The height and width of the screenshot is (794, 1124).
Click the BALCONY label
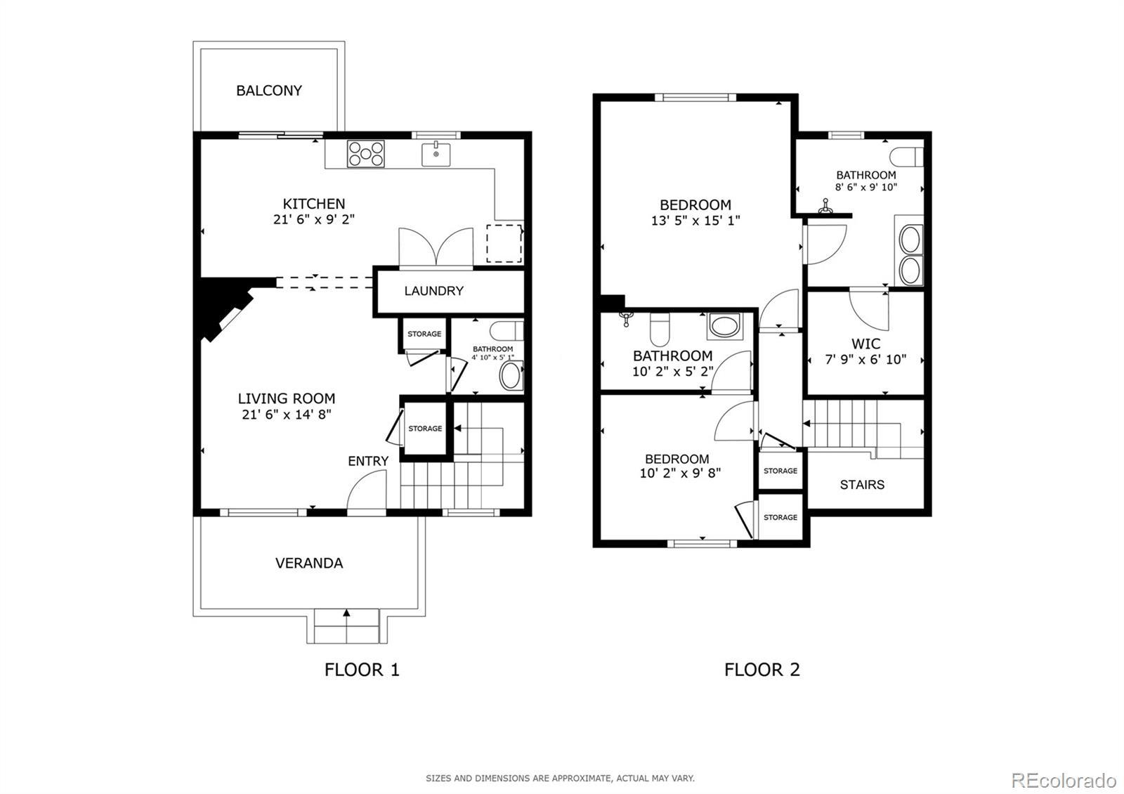tap(269, 91)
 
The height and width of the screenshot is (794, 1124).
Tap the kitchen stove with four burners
tap(366, 154)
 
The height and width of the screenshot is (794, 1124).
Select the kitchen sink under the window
tap(436, 154)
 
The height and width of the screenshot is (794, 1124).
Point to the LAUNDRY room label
tap(433, 291)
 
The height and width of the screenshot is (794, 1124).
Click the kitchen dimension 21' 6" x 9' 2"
tap(313, 220)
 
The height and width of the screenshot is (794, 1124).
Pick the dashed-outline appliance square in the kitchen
tap(504, 243)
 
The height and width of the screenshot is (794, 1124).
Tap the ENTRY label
tap(368, 461)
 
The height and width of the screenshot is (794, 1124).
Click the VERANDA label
tap(309, 563)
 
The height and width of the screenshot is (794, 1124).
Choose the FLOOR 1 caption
tap(362, 670)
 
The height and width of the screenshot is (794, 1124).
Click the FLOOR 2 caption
tap(762, 670)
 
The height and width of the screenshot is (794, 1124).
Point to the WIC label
tap(865, 344)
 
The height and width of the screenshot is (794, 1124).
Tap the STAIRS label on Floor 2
tap(862, 485)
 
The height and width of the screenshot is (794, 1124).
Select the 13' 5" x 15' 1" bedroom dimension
tap(695, 221)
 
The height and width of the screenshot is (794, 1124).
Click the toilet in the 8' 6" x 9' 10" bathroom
tap(906, 157)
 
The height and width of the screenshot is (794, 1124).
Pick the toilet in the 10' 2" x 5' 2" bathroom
tap(660, 329)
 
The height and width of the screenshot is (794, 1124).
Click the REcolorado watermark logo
tap(1064, 781)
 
